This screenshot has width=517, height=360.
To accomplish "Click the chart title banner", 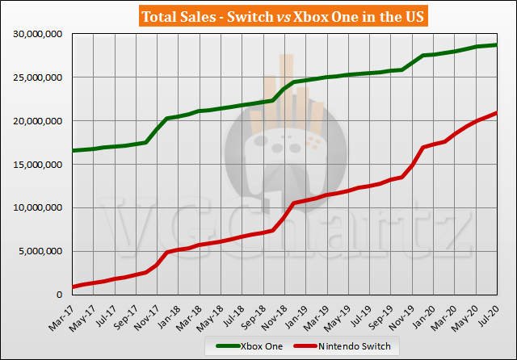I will point(259,16).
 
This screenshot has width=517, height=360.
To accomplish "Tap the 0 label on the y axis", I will point(62,295).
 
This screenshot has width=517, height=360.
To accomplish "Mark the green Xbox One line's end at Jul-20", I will point(496,45).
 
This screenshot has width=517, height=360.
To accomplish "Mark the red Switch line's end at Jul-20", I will point(496,113).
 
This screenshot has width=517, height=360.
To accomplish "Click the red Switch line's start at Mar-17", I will point(74,287).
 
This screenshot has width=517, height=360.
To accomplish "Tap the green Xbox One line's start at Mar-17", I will point(74,150).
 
